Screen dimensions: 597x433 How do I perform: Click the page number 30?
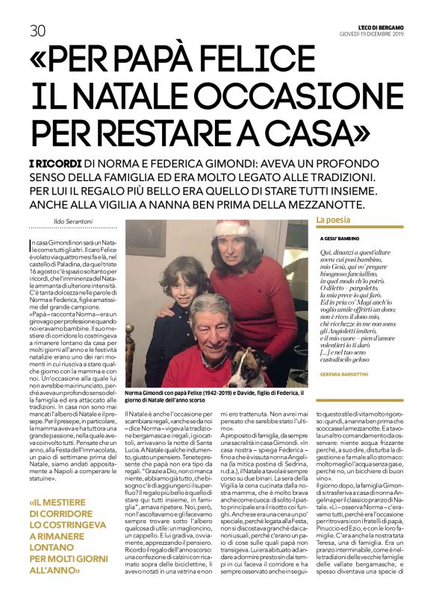click(x=37, y=31)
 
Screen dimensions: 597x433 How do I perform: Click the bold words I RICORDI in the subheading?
click(x=54, y=163)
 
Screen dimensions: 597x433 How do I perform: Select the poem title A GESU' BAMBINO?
click(x=340, y=239)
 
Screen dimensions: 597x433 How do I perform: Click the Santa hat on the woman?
click(x=234, y=227)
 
